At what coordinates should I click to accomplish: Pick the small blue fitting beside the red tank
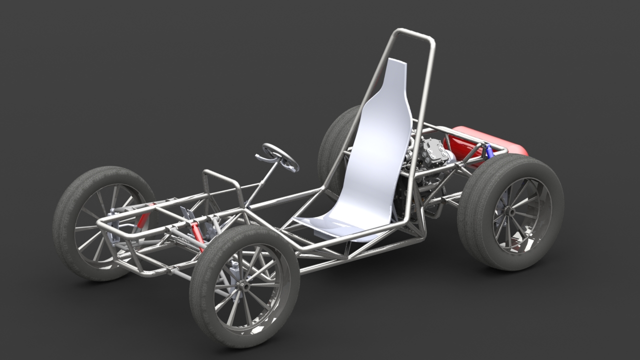(x=488, y=150)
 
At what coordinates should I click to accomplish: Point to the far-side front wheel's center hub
(x=111, y=225)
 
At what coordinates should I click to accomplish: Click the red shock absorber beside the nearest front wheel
(x=197, y=235)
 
